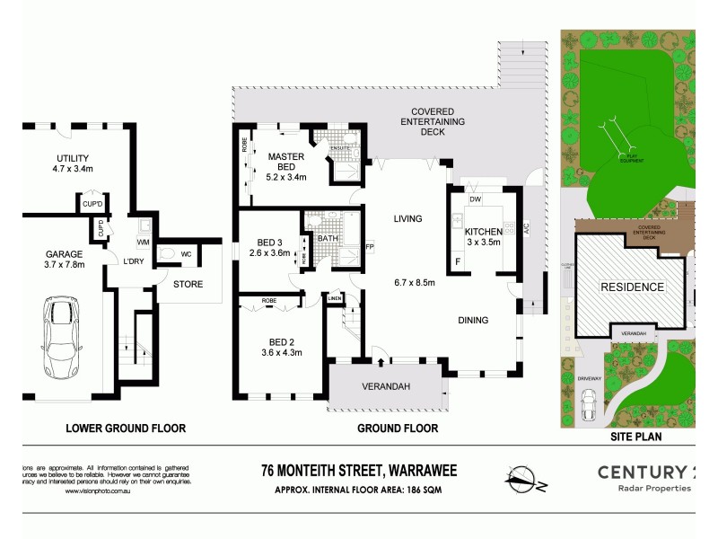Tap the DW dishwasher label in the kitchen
pos(476,199)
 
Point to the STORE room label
pos(188,285)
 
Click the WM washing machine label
pos(143,243)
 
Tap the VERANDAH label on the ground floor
pos(386,387)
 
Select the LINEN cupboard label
pos(335,299)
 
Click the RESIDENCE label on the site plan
pos(633,287)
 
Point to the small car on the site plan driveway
pos(589,408)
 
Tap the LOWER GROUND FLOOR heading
pos(126,429)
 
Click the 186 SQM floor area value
pos(419,490)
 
